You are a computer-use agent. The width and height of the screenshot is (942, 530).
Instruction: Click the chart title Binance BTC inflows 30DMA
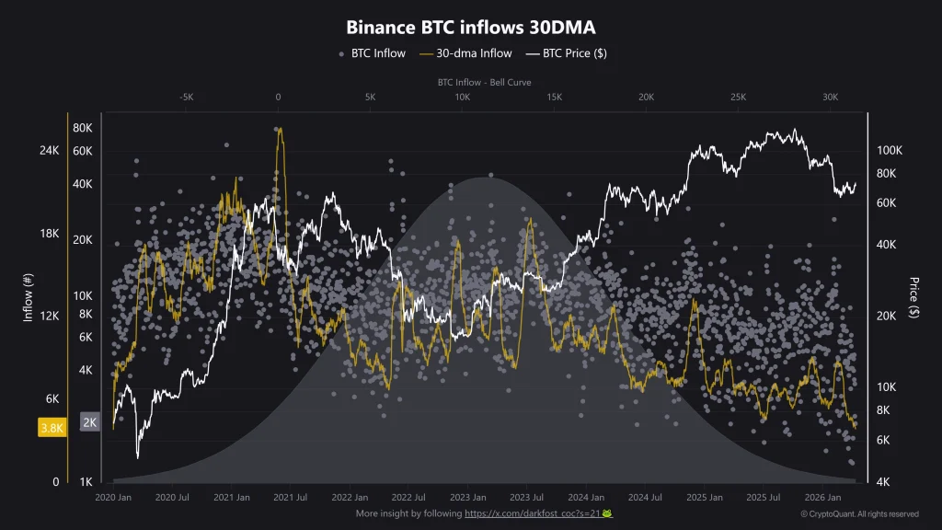[471, 28]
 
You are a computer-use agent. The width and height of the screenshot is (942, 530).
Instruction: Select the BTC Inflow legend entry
[372, 53]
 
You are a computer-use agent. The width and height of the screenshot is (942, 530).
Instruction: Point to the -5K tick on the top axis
[186, 97]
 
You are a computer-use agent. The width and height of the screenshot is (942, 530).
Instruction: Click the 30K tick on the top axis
[830, 97]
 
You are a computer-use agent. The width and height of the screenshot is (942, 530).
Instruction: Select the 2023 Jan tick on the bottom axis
[467, 497]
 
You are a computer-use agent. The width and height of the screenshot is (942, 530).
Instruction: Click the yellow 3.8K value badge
[51, 428]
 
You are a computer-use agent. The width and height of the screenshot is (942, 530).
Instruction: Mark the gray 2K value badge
[90, 422]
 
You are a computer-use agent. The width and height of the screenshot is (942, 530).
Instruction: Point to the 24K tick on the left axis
[50, 150]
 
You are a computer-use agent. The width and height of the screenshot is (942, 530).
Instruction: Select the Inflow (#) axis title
[28, 299]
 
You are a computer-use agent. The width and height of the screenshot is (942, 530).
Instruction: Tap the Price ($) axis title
[913, 298]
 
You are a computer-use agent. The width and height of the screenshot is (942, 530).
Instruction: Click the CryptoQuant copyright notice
[859, 513]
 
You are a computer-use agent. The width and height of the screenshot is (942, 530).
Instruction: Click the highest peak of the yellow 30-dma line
[280, 129]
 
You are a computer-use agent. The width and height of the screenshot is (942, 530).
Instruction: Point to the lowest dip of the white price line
[137, 457]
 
